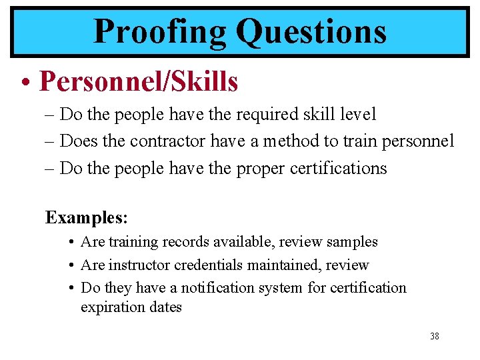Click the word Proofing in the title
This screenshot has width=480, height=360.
pos(160,31)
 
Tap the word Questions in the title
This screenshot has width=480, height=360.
pos(311,31)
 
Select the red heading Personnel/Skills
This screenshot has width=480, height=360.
pos(139,81)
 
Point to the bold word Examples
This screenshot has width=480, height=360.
pos(85,217)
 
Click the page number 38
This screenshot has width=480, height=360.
pos(435,337)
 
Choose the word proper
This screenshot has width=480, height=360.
pos(259,168)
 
